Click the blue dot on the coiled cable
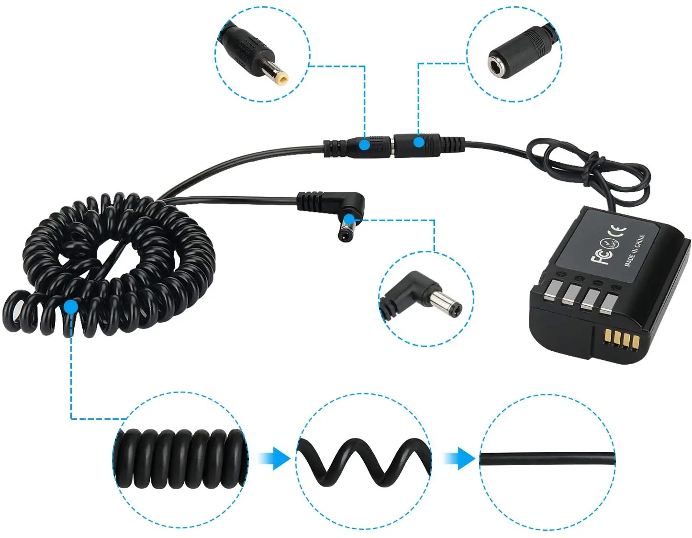(71, 307)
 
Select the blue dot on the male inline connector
(365, 144)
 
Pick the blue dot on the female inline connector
(419, 142)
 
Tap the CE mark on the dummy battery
(620, 232)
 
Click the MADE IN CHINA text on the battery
(635, 250)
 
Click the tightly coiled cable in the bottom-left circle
(180, 459)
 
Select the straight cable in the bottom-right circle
(547, 458)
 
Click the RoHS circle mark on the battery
(608, 244)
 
